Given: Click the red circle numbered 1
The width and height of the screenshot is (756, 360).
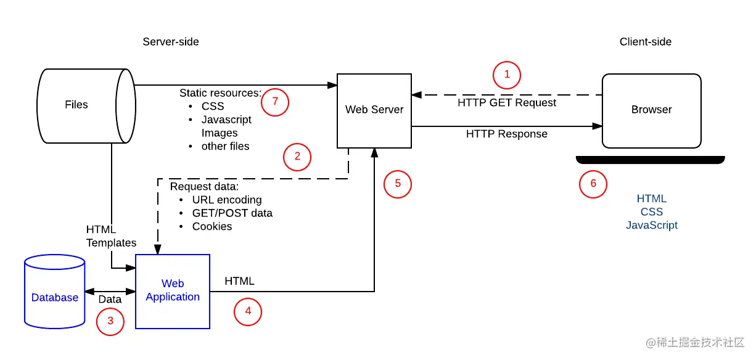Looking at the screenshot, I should click(x=507, y=75).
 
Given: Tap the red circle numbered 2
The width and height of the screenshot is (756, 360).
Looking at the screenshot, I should click(x=297, y=157).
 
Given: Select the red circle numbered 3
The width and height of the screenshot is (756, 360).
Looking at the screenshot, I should click(x=110, y=321).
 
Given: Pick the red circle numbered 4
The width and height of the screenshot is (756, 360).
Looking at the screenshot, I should click(x=248, y=311).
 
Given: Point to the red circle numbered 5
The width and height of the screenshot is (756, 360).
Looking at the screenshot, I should click(x=398, y=183).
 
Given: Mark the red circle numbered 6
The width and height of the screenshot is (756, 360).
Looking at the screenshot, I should click(x=593, y=184).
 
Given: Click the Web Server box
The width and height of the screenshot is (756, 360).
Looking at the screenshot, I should click(x=374, y=110).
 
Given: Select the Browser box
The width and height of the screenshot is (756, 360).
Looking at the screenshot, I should click(x=651, y=110).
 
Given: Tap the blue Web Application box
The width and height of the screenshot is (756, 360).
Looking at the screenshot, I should click(x=173, y=291).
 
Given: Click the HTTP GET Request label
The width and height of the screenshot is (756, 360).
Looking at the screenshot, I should click(x=507, y=103).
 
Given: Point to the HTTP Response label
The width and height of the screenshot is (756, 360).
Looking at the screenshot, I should click(x=506, y=134).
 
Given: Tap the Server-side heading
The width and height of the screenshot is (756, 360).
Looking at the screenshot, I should click(x=171, y=42).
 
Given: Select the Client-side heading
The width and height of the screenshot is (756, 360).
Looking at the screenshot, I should click(x=645, y=42).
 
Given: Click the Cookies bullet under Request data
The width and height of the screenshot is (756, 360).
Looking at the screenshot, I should click(x=212, y=227).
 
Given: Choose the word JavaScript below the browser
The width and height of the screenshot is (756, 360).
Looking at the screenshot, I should click(x=652, y=226).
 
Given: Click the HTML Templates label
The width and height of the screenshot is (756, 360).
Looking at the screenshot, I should click(x=111, y=237).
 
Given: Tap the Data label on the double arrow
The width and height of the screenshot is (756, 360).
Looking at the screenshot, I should click(x=110, y=300).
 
